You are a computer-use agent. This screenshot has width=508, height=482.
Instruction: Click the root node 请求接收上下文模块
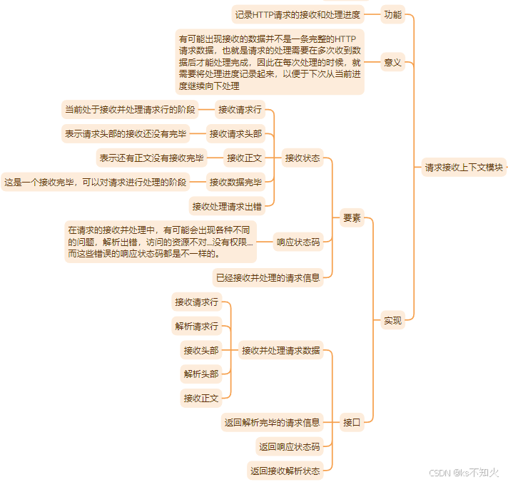[464, 168]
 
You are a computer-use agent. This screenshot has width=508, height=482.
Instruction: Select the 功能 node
[392, 14]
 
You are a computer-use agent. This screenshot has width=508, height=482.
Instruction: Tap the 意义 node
[392, 62]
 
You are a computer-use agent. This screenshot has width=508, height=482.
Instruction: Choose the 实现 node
[392, 320]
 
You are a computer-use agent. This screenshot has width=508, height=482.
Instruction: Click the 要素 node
[352, 218]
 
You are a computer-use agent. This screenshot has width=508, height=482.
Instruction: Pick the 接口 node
[352, 422]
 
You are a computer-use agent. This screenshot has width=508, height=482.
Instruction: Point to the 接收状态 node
[303, 158]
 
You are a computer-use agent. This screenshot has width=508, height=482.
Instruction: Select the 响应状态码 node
[298, 242]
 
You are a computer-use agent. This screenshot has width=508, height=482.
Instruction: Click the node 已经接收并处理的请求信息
[268, 278]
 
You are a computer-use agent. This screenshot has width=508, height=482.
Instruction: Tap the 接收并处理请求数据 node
[281, 350]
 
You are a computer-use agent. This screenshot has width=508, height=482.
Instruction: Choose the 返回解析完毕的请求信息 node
[272, 422]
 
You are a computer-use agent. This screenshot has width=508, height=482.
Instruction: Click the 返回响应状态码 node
[289, 446]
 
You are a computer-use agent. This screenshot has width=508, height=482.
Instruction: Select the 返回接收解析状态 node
[285, 471]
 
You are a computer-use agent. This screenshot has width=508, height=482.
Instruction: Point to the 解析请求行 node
[197, 326]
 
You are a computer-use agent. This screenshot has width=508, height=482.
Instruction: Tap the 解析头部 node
[201, 374]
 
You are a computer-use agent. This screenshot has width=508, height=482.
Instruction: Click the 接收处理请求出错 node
[227, 206]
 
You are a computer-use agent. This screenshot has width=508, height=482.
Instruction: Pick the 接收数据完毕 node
[236, 182]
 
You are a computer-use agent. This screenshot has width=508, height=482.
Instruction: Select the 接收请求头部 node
[236, 134]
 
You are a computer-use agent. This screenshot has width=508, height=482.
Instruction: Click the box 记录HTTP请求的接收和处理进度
[298, 14]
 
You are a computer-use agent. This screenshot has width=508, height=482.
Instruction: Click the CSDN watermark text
[464, 473]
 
